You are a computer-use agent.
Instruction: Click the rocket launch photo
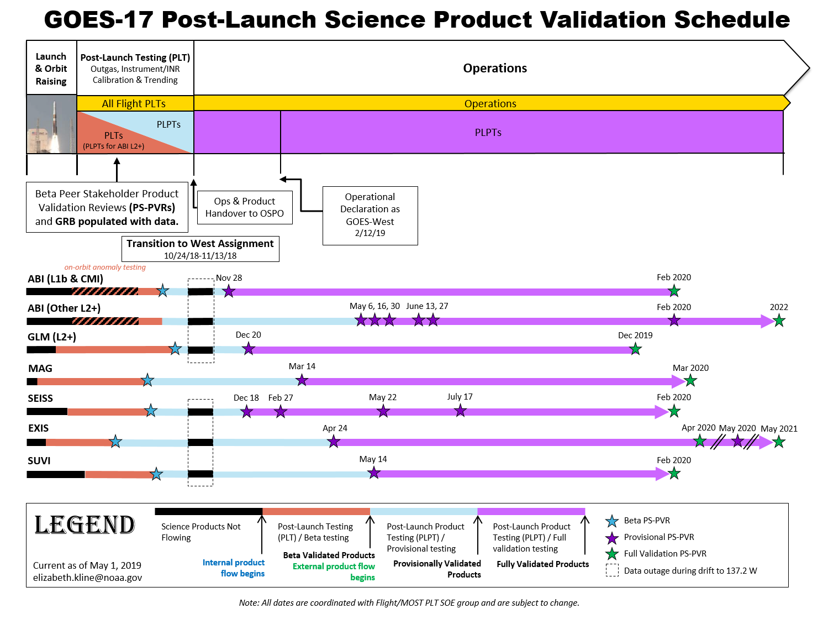[x=52, y=124]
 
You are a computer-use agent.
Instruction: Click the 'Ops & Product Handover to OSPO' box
[x=245, y=207]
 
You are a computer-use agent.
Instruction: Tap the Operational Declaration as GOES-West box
[x=370, y=216]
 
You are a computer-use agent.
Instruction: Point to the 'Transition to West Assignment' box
[x=200, y=249]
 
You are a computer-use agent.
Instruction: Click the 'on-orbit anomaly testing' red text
[x=105, y=267]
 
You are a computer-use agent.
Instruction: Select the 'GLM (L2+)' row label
[x=52, y=337]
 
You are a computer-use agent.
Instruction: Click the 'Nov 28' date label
[x=229, y=277]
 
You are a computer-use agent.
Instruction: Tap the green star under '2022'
[x=779, y=321]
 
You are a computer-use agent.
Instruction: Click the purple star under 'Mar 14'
[x=302, y=380]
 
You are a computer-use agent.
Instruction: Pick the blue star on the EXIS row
[x=115, y=441]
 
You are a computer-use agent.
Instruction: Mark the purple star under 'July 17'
[x=460, y=411]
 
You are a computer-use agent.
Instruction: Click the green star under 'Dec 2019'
[x=635, y=349]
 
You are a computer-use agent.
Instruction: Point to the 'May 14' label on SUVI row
[x=373, y=459]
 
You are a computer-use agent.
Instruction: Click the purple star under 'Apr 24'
[x=333, y=442]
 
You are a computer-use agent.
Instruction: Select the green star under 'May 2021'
[x=779, y=442]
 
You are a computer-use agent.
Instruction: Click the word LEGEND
[x=85, y=524]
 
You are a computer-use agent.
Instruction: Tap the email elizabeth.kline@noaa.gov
[x=87, y=578]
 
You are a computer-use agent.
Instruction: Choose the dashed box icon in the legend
[x=612, y=570]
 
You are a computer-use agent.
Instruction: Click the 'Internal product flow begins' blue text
[x=234, y=568]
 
